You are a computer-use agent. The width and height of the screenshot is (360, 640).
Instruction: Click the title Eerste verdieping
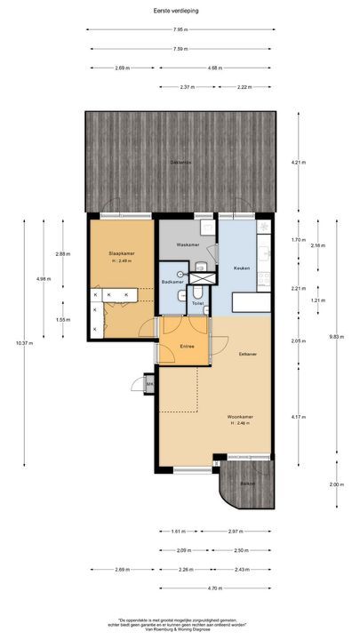coord(180,11)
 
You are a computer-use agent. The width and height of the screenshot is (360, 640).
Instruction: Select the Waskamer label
coord(187,244)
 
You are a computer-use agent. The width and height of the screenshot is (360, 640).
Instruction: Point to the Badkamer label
coord(172,282)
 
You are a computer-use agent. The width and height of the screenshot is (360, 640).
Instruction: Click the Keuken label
coord(242,268)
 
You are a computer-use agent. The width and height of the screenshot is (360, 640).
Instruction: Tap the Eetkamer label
coord(248,355)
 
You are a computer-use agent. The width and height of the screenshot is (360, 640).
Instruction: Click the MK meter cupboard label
coord(149,384)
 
